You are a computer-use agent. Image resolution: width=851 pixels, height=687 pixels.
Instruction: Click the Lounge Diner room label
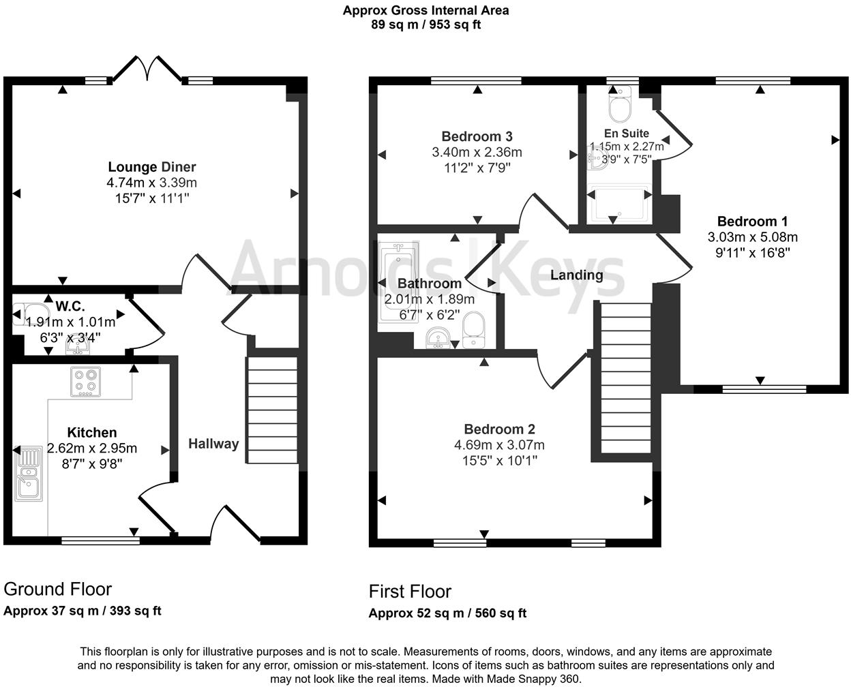pyautogui.click(x=152, y=167)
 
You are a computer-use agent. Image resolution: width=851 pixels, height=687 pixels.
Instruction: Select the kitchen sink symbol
pyautogui.click(x=29, y=483)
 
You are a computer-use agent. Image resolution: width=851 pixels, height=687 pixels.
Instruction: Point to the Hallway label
pyautogui.click(x=213, y=444)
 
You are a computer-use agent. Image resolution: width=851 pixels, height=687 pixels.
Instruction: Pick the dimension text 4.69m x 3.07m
pyautogui.click(x=499, y=445)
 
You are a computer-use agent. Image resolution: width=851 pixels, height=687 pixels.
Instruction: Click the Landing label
pyautogui.click(x=576, y=275)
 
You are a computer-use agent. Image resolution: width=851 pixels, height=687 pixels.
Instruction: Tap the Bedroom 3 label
pyautogui.click(x=477, y=136)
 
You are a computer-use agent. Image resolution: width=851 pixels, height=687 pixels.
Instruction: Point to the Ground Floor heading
pyautogui.click(x=57, y=589)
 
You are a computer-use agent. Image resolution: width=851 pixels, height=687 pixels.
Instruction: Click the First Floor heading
pyautogui.click(x=410, y=591)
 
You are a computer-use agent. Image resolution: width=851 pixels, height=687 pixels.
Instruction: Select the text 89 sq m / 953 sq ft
pyautogui.click(x=425, y=25)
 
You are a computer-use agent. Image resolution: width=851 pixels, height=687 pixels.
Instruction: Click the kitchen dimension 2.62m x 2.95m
pyautogui.click(x=91, y=448)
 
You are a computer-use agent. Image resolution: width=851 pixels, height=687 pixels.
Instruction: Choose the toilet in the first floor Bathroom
pyautogui.click(x=473, y=330)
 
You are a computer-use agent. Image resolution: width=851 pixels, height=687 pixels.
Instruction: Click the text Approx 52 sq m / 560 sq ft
pyautogui.click(x=447, y=613)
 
